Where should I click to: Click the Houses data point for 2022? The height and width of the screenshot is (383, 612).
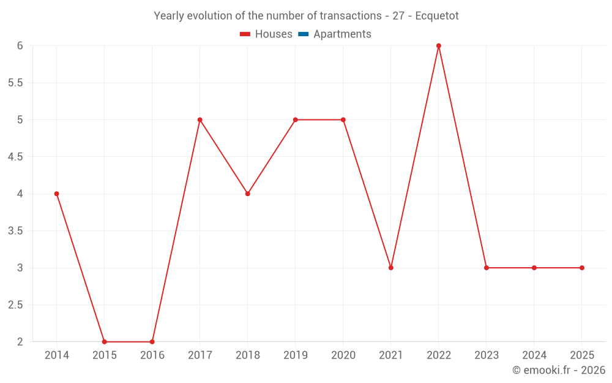pyautogui.click(x=439, y=46)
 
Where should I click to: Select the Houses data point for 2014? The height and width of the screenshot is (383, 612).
pyautogui.click(x=57, y=194)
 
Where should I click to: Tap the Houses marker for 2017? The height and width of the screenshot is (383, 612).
pyautogui.click(x=200, y=119)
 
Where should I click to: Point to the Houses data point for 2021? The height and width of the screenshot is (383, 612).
pyautogui.click(x=391, y=268)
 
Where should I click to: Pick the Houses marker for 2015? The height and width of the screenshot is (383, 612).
pyautogui.click(x=105, y=341)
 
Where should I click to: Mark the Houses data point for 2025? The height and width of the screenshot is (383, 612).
pyautogui.click(x=582, y=268)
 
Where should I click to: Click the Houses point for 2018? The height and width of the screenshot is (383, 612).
pyautogui.click(x=248, y=194)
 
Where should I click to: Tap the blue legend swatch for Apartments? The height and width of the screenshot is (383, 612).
pyautogui.click(x=303, y=34)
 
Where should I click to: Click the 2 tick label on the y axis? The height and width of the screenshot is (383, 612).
pyautogui.click(x=20, y=342)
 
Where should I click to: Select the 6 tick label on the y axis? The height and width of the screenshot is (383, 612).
pyautogui.click(x=20, y=46)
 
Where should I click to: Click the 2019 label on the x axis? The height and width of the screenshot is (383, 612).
pyautogui.click(x=296, y=355)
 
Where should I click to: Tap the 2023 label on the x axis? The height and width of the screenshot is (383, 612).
pyautogui.click(x=487, y=355)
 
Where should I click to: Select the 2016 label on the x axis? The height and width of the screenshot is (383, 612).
pyautogui.click(x=152, y=355)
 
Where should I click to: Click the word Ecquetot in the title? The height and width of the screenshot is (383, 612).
pyautogui.click(x=436, y=16)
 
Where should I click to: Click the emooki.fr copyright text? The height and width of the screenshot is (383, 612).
pyautogui.click(x=559, y=370)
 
